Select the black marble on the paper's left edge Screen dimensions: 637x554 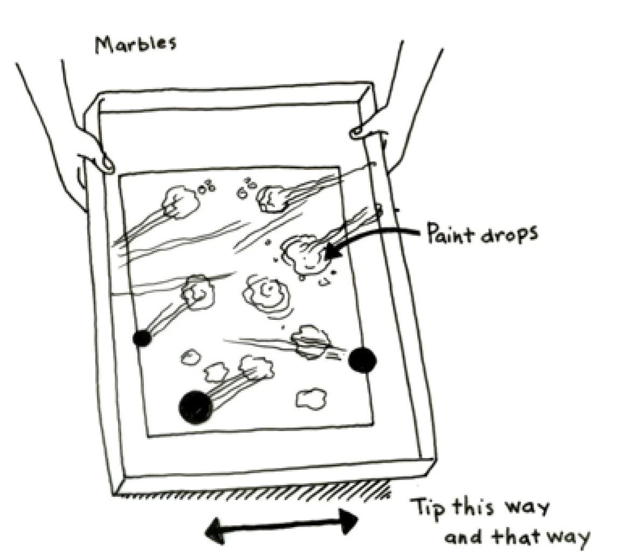(x=142, y=338)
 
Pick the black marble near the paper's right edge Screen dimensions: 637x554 (x=361, y=359)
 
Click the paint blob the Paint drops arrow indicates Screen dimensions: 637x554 (x=304, y=254)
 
